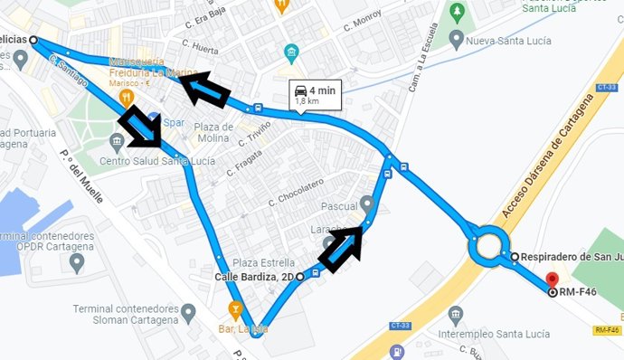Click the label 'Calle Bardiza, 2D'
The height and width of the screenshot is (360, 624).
pos(256,276)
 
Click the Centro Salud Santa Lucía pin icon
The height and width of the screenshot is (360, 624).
pos(117,142)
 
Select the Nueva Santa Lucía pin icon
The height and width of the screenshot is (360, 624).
pos(457,40)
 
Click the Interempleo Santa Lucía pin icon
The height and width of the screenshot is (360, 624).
pos(456,315)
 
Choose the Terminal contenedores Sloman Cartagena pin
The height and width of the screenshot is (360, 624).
pos(188,313)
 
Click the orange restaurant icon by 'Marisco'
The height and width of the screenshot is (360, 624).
pos(127,95)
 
